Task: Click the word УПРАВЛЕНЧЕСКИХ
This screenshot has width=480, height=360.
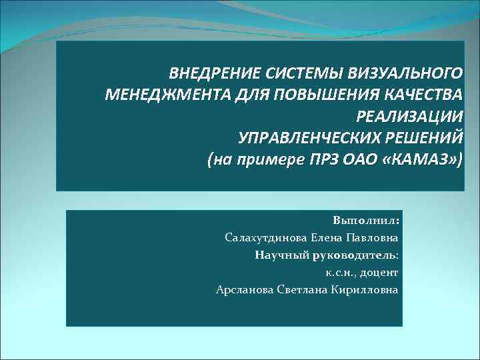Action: pos(309,138)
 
